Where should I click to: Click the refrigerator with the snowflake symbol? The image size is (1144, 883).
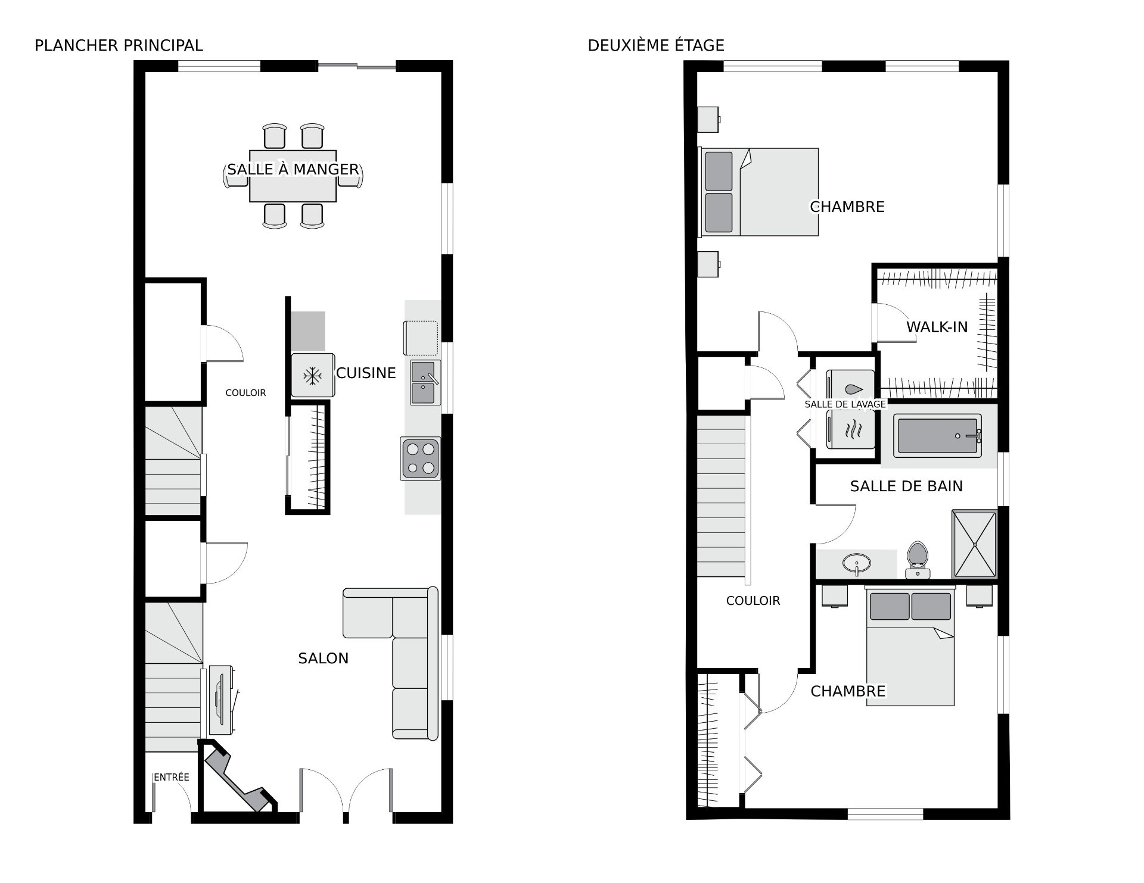click(313, 375)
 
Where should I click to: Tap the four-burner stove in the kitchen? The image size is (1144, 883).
click(421, 458)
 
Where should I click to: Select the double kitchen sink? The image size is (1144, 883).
click(425, 382)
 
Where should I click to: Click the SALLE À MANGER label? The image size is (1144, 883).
click(293, 169)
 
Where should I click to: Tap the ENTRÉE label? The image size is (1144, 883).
click(172, 777)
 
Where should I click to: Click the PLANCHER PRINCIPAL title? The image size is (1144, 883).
click(119, 45)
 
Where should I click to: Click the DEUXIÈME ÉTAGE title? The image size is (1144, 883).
click(656, 45)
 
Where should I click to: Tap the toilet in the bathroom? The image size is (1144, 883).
click(918, 560)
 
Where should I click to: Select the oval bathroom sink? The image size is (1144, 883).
click(857, 563)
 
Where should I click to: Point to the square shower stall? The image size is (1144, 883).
click(974, 544)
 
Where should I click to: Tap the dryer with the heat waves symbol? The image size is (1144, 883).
click(850, 429)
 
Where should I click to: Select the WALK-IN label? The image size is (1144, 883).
click(937, 327)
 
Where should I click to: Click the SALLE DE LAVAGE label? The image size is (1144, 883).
click(845, 404)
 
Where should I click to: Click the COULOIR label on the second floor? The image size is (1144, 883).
click(753, 601)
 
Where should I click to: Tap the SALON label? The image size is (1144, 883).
click(324, 658)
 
